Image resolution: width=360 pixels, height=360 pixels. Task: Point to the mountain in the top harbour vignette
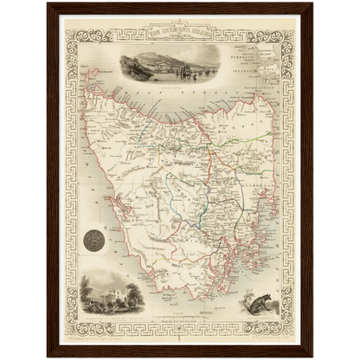pos(164,60)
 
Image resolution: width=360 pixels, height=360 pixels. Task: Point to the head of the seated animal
pos(251,293)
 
